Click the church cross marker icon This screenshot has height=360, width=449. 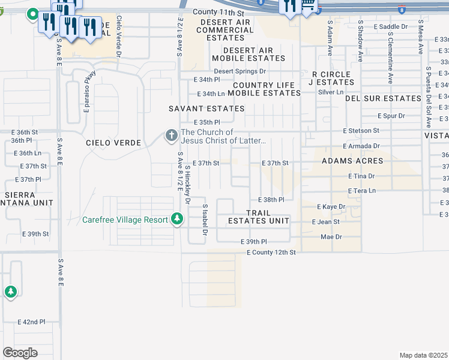click(171, 136)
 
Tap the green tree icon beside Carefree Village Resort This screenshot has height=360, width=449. click(176, 219)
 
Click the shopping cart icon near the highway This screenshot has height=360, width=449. click(309, 6)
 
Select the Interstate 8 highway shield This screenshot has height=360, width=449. click(401, 10)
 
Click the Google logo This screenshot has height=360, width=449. click(19, 352)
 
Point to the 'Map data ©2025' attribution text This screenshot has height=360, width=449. click(423, 355)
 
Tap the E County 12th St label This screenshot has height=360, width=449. click(271, 253)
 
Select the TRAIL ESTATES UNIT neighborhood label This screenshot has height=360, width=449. click(258, 217)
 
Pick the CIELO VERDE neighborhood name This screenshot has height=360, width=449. click(113, 143)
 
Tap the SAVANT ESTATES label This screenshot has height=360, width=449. click(206, 109)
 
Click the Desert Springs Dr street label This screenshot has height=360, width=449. click(240, 71)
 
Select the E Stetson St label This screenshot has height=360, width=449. click(361, 130)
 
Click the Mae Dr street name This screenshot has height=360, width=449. click(331, 237)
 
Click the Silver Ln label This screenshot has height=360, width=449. click(331, 92)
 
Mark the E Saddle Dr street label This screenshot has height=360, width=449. click(390, 27)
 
